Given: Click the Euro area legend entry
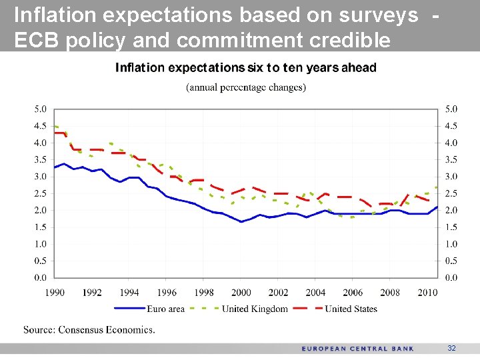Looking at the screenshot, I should point(165,309).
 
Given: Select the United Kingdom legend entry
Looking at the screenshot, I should point(255,309).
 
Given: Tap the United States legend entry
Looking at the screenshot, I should point(351,309).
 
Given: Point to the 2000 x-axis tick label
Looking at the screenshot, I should point(241,292).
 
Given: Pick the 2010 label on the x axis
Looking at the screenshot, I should point(427,292).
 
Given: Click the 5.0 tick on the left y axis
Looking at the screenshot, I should point(40,109).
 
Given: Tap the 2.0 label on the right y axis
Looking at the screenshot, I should point(451,210).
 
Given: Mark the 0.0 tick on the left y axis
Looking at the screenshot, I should point(40,277).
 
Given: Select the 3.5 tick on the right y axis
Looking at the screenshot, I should point(451,159).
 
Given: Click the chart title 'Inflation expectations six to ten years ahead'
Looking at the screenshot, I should point(246,68).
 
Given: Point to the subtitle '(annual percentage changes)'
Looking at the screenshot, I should point(246,87).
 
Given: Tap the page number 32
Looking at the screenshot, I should point(451,349).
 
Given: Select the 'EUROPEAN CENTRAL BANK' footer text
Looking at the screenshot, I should point(357,349).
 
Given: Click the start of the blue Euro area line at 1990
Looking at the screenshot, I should point(55,167).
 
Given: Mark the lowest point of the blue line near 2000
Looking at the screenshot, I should point(241,221).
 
